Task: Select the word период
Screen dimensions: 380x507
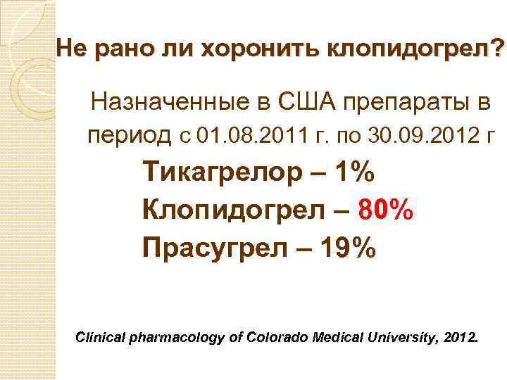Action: [x=130, y=134]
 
